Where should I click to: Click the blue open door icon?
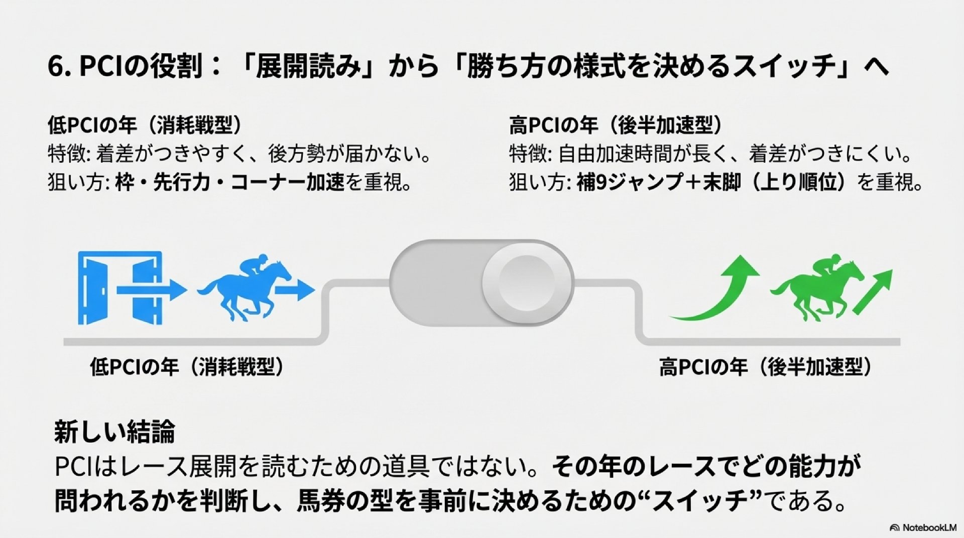pyautogui.click(x=120, y=288)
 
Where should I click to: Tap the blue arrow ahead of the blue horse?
pyautogui.click(x=295, y=290)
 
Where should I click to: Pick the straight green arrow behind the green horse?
pyautogui.click(x=873, y=292)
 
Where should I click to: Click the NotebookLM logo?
pyautogui.click(x=923, y=527)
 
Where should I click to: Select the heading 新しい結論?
pyautogui.click(x=114, y=432)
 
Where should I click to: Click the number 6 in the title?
pyautogui.click(x=55, y=67)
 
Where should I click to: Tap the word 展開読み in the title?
pyautogui.click(x=308, y=67)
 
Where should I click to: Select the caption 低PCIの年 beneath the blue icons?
pyautogui.click(x=135, y=367)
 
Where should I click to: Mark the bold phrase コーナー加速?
pyautogui.click(x=288, y=183)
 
